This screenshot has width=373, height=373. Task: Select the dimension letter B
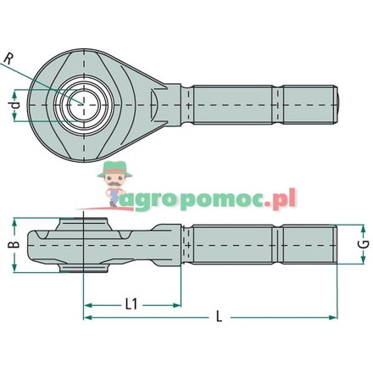point(12,245)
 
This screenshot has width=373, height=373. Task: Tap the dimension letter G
point(363,244)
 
